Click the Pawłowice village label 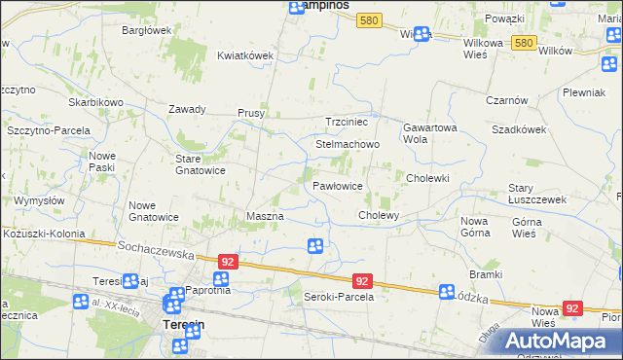point(338,185)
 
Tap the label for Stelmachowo point(347,144)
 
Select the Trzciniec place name point(346,122)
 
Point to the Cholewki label point(427,178)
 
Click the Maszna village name point(265,215)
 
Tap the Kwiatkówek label point(244,55)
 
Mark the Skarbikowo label point(94,102)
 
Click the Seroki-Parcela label point(339,297)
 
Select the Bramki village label point(485,274)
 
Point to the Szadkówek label point(517,129)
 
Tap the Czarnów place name point(507,100)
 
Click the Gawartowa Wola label point(429,132)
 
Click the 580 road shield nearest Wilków point(524,43)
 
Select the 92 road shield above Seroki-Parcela point(361,280)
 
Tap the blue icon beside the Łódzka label point(447,291)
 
